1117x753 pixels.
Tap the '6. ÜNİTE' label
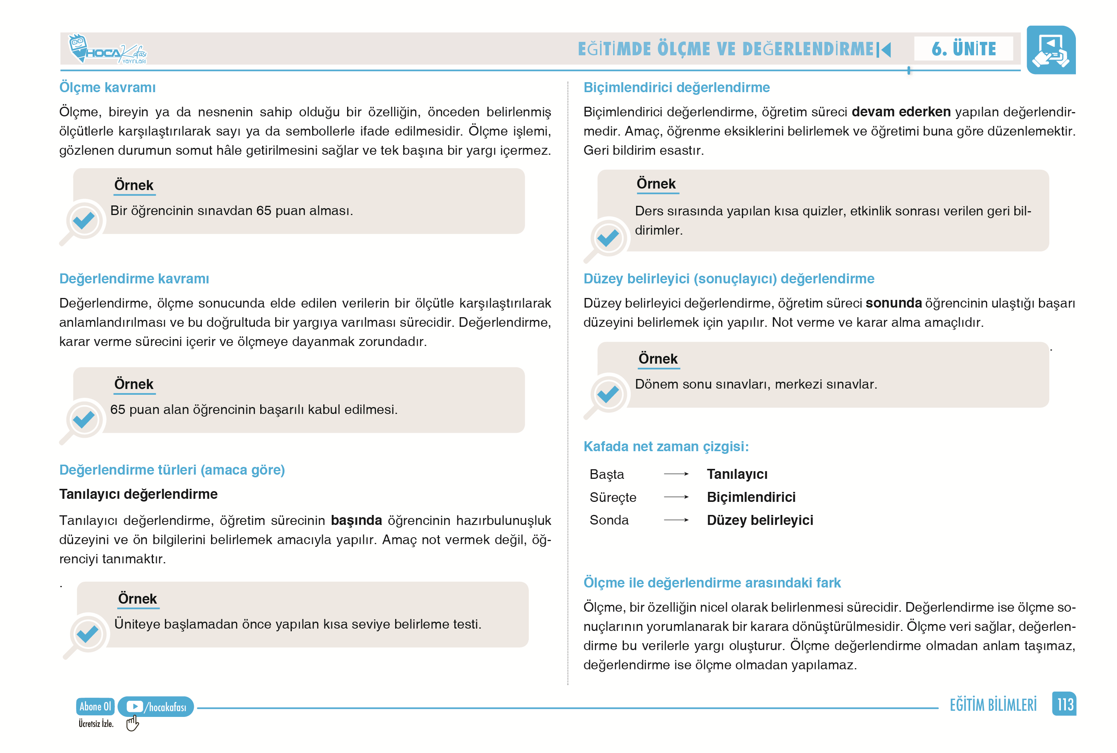(x=963, y=48)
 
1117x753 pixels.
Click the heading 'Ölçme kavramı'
(x=107, y=88)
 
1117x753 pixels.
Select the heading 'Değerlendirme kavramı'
(x=134, y=278)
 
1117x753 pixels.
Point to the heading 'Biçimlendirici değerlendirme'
(x=676, y=88)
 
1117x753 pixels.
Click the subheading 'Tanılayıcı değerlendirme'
(x=138, y=494)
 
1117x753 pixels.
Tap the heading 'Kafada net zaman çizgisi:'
(x=666, y=447)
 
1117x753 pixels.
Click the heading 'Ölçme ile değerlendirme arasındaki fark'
(x=712, y=583)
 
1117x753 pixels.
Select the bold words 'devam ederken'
(x=901, y=112)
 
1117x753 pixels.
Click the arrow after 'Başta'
(x=676, y=474)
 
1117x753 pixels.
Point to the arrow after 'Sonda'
(x=676, y=520)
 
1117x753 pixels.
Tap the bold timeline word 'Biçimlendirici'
(x=751, y=497)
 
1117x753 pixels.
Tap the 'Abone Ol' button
(x=95, y=707)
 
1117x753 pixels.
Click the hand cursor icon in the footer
(x=132, y=723)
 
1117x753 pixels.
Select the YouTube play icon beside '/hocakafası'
(x=135, y=707)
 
